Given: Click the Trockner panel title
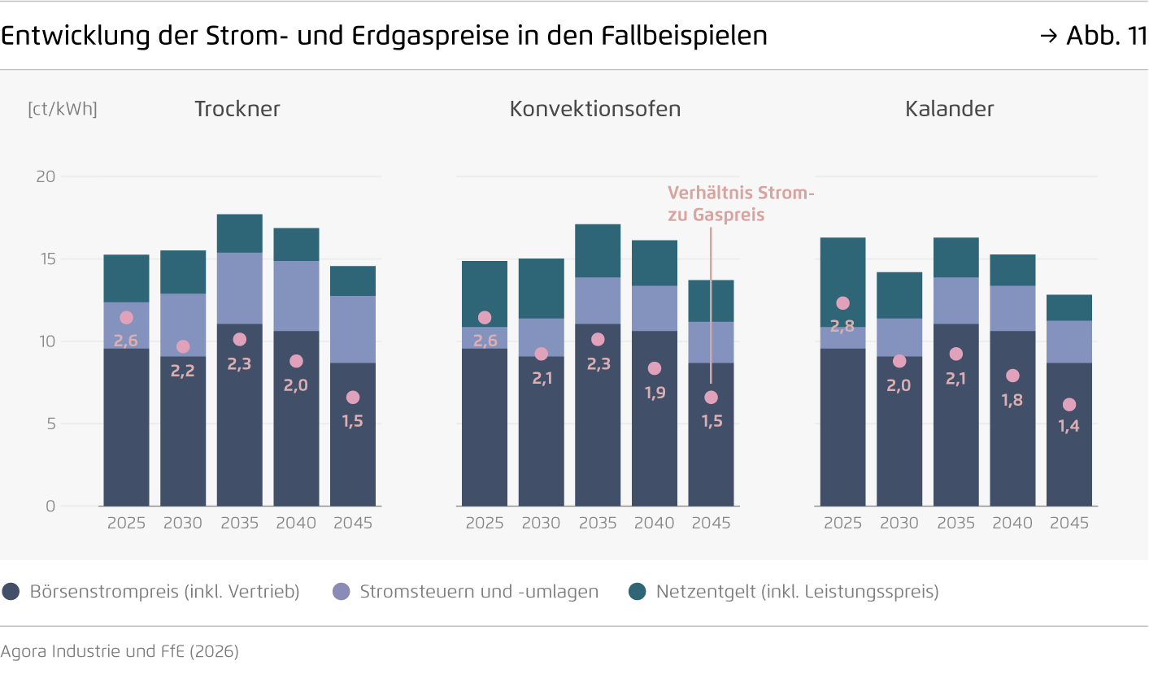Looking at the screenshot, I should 237,109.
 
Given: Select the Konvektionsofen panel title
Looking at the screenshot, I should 594,109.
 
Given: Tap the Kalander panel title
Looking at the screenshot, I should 949,109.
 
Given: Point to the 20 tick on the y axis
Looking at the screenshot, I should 46,176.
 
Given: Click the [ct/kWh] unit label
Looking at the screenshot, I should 63,109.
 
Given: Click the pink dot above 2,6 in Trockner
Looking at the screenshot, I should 126,318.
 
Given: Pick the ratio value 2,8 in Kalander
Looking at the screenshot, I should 842,326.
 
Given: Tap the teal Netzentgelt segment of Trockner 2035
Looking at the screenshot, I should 239,233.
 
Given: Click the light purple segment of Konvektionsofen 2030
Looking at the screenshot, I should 541,337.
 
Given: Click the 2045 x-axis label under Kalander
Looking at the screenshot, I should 1068,524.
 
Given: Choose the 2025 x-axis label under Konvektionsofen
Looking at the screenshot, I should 485,524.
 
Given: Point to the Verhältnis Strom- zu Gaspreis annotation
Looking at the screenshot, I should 740,203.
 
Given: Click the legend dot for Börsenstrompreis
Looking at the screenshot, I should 11,592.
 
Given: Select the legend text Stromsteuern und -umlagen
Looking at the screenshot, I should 478,592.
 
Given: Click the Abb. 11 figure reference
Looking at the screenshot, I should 1104,36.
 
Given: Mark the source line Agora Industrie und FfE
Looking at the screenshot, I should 120,651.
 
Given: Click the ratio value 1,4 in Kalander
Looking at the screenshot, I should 1068,425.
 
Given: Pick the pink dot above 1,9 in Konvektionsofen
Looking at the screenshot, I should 655,368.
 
